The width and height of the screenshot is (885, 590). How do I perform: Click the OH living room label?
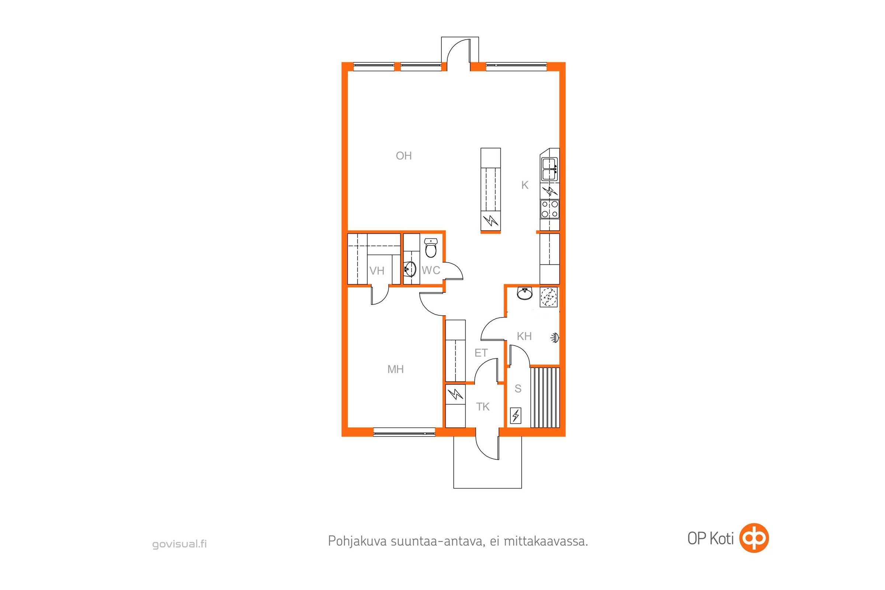coord(404,156)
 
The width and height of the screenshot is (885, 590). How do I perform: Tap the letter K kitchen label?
coord(525,185)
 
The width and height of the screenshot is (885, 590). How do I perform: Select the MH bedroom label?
coord(395,369)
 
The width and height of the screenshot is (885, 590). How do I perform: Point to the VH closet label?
coord(376,271)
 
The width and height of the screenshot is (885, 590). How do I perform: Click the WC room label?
coord(431,270)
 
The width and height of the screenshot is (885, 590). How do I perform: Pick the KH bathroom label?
coord(524,336)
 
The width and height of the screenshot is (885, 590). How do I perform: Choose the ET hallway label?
coord(481,353)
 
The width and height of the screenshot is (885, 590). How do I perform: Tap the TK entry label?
coord(483,407)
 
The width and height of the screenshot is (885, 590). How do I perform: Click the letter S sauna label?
coord(518,389)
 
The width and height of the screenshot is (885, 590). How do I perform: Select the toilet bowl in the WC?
coord(430,248)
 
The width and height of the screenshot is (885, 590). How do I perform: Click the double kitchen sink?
coord(549,169)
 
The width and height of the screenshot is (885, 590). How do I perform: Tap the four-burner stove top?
coord(550,209)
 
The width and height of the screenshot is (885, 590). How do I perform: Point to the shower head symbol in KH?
coord(555,337)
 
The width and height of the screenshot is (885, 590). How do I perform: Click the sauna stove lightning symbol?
coord(516,416)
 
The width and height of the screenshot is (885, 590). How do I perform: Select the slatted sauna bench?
coord(545,398)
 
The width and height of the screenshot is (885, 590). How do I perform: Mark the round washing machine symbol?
coord(549,297)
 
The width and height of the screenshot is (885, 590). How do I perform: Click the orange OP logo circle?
coord(754,538)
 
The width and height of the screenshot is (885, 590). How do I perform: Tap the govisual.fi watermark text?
coord(180,544)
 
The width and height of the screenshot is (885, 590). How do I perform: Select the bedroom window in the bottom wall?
coord(404,432)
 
